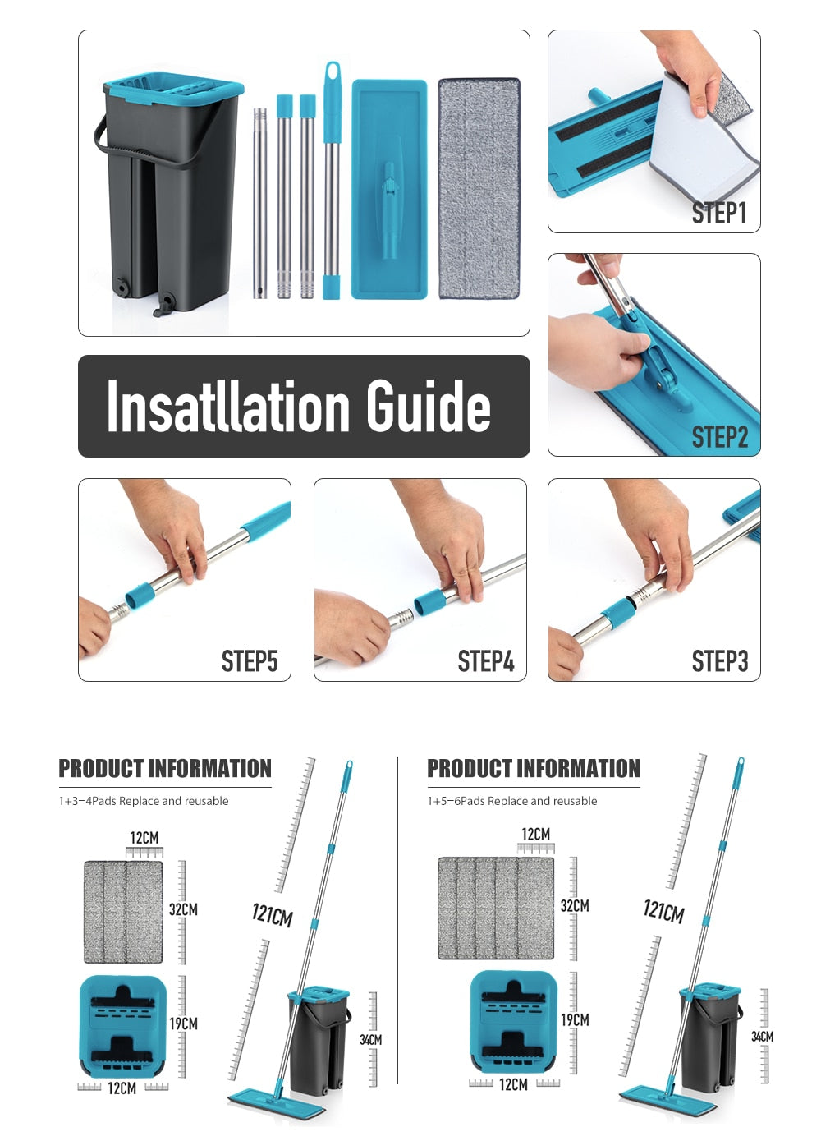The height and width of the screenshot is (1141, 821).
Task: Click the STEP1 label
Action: point(719,213)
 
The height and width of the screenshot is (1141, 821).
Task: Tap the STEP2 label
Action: point(719,436)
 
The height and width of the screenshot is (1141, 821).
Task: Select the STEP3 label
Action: point(720,660)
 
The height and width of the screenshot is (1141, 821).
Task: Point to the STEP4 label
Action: point(485,660)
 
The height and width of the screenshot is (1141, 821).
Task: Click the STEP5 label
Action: point(250,660)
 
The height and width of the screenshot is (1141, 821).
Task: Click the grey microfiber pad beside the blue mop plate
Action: point(479,188)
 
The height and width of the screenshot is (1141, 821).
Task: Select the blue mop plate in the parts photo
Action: point(389,189)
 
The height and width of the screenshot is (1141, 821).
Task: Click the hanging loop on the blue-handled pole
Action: point(333,73)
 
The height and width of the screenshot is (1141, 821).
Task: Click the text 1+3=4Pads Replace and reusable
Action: point(144,801)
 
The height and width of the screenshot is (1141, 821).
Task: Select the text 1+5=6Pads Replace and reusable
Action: point(512,801)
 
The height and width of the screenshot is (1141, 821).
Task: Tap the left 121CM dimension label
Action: point(273,915)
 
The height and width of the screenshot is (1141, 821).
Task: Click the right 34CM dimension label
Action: point(762,1036)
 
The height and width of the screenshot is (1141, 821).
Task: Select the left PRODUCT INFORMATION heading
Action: point(165,769)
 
